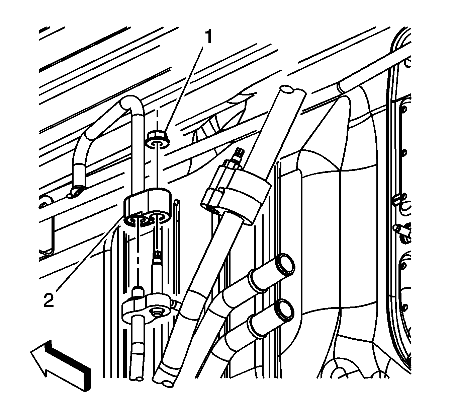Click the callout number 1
(x=208, y=37)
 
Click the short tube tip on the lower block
(x=138, y=292)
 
